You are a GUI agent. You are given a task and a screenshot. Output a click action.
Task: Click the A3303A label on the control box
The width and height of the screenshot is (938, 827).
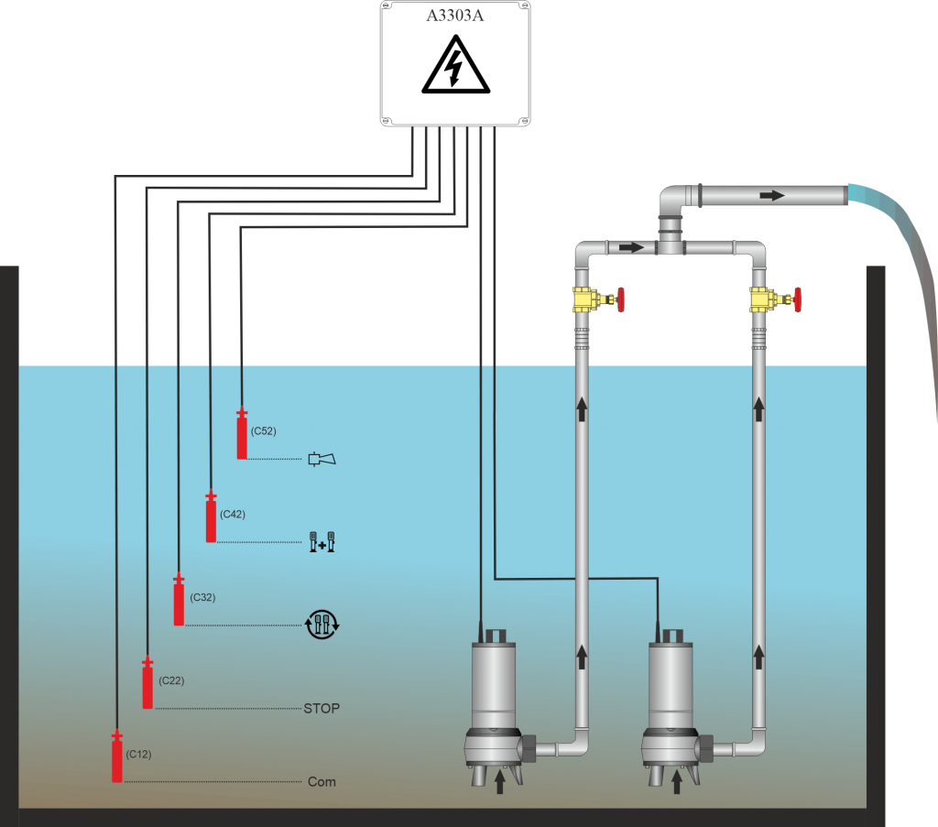(455, 16)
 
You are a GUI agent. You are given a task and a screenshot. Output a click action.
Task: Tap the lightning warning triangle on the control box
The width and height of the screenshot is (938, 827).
(455, 70)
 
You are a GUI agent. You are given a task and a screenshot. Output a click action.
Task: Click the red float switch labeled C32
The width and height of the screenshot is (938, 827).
(179, 602)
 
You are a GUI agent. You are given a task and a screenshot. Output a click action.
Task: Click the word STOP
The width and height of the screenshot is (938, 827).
(322, 708)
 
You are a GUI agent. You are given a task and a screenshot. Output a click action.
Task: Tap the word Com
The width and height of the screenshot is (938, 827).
(322, 782)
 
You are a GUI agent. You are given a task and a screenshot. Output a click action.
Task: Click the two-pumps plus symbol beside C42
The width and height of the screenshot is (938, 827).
(322, 542)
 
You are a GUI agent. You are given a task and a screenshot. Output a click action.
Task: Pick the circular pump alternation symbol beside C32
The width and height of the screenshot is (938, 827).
(322, 625)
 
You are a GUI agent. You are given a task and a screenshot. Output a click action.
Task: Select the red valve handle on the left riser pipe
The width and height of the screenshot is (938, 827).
(621, 299)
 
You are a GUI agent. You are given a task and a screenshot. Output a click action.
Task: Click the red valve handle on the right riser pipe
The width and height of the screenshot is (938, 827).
(798, 299)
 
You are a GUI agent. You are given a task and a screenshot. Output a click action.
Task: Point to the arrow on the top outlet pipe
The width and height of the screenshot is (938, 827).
(772, 195)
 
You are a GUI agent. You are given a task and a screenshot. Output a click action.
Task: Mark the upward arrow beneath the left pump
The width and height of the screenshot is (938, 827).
(499, 782)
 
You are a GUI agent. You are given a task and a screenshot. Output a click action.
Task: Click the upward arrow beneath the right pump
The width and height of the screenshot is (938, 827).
(677, 782)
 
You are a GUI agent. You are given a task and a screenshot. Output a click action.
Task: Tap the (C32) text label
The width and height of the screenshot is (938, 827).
(202, 597)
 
